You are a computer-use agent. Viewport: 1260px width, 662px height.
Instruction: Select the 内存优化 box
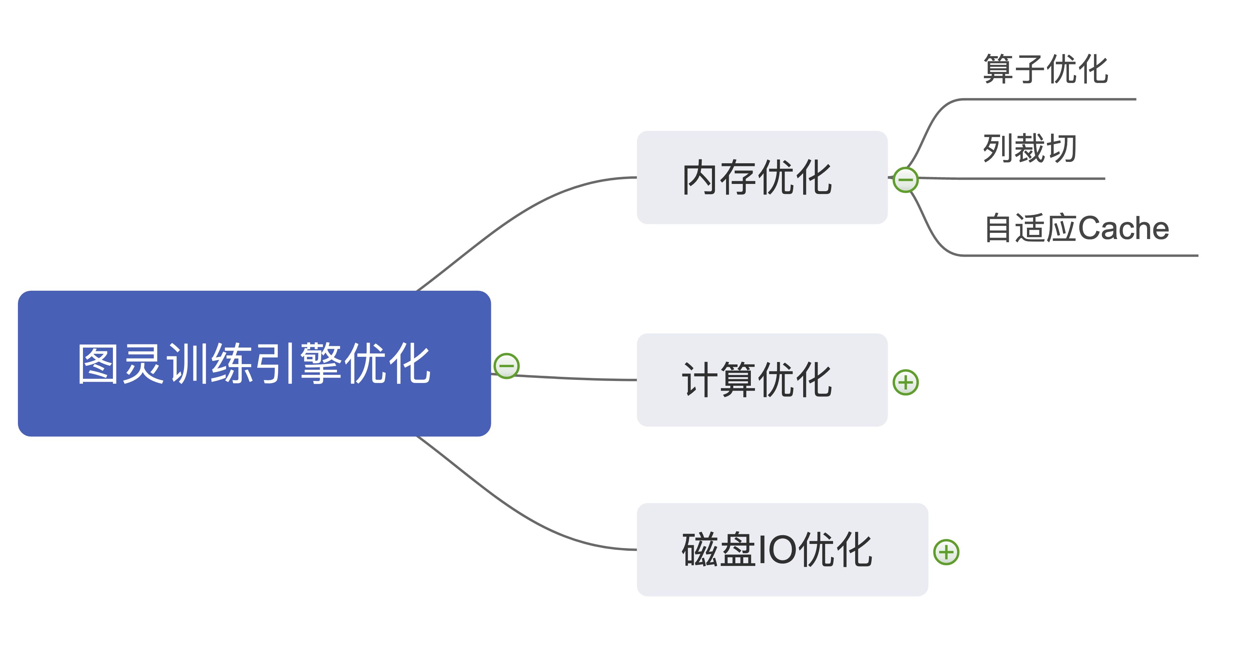[761, 177]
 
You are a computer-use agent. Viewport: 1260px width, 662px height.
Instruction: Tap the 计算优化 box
[761, 380]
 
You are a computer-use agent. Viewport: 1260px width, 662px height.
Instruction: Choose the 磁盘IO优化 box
[781, 549]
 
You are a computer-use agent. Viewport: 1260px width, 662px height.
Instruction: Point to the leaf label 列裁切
[1030, 148]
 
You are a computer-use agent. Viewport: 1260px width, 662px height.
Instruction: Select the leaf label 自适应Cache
[1076, 228]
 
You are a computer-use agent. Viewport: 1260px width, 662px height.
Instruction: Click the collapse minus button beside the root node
[506, 365]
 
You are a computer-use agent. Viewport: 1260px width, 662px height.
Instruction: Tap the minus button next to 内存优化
[905, 179]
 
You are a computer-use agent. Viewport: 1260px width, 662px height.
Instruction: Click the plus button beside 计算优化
[905, 382]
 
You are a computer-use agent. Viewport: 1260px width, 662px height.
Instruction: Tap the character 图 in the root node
[98, 363]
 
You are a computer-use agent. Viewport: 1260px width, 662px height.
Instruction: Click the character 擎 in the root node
[321, 363]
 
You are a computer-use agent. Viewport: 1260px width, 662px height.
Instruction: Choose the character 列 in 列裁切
[998, 148]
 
